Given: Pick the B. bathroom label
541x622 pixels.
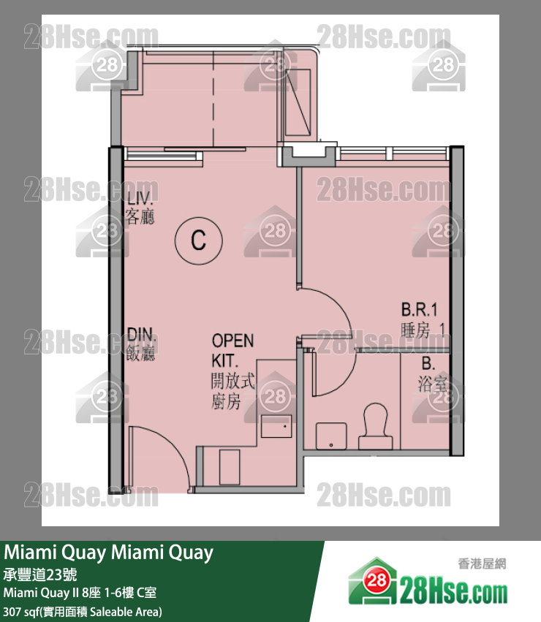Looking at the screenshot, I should [x=428, y=363].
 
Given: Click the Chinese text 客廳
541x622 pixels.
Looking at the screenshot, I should [x=140, y=217].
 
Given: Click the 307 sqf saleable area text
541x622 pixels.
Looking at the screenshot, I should [x=83, y=610].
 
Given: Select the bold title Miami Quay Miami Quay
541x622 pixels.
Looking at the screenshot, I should [x=109, y=553].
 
